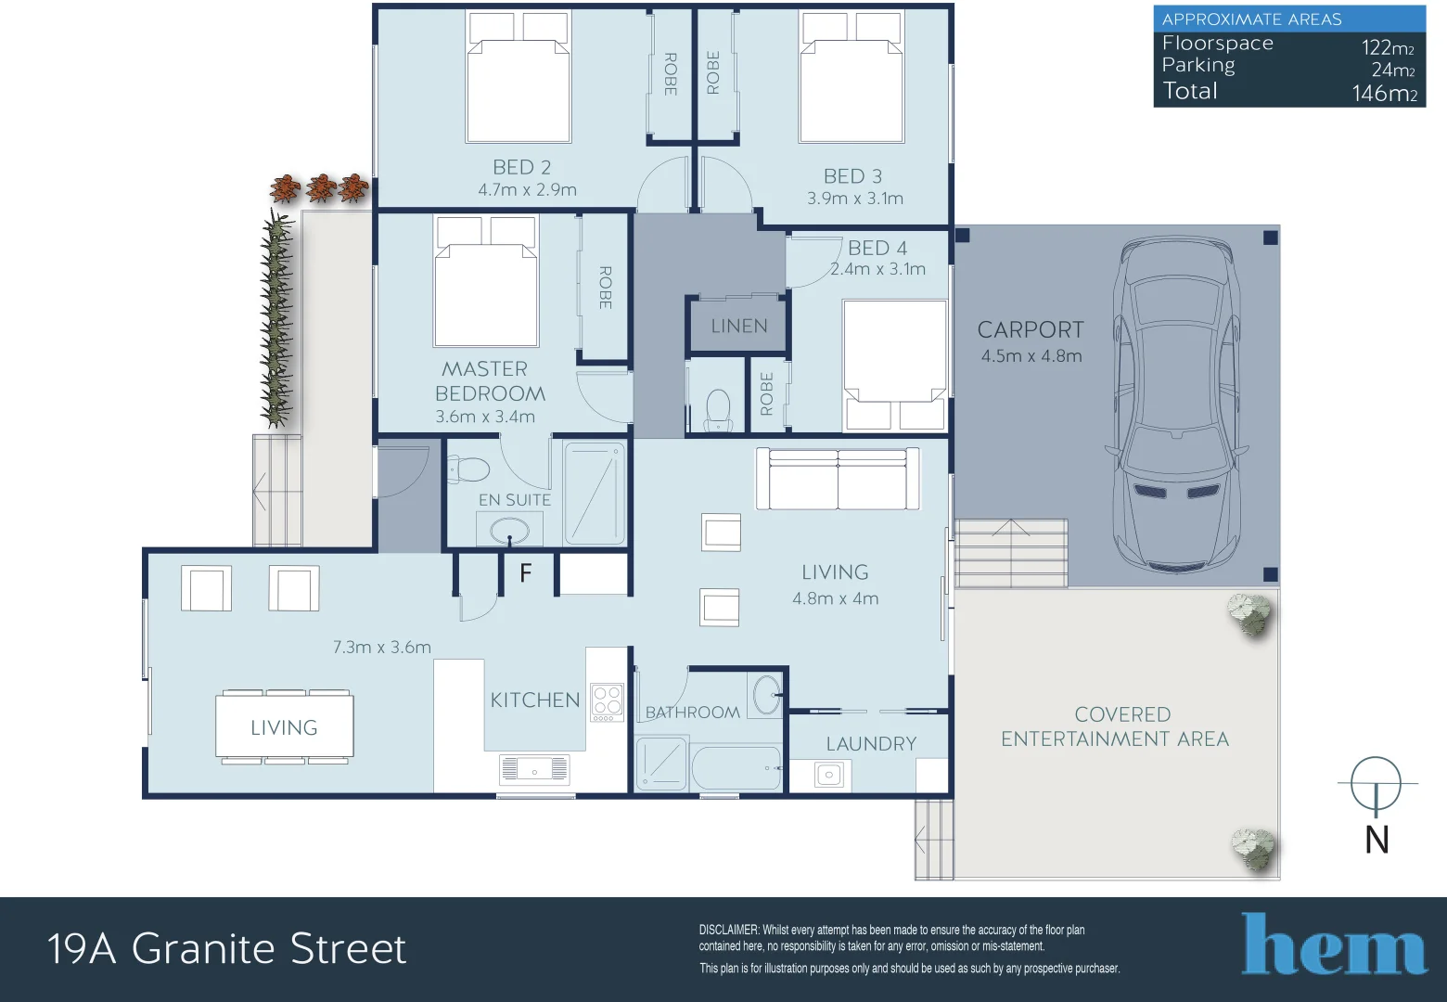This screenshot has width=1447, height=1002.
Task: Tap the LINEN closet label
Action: click(x=739, y=326)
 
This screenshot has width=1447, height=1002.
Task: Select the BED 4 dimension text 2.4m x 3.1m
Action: click(x=877, y=269)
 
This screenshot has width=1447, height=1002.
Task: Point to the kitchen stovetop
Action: click(x=607, y=702)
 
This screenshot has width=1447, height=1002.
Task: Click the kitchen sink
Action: click(x=534, y=769)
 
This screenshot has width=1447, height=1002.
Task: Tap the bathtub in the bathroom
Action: click(x=736, y=768)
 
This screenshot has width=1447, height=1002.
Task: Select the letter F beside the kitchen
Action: click(x=526, y=572)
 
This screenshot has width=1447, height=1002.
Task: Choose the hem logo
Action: click(x=1334, y=944)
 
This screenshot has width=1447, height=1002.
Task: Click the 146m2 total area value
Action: click(x=1384, y=93)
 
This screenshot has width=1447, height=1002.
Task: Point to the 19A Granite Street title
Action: click(x=226, y=948)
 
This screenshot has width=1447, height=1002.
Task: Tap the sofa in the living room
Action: click(x=838, y=479)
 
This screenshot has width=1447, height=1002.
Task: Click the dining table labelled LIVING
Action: click(x=284, y=726)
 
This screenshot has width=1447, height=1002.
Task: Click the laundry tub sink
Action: click(x=829, y=775)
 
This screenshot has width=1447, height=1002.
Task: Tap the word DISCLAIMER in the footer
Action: click(x=729, y=931)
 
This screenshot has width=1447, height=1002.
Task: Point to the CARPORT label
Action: click(x=1031, y=329)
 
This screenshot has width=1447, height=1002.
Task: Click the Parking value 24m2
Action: click(x=1393, y=70)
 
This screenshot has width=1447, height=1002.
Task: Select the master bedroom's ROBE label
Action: click(x=606, y=288)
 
